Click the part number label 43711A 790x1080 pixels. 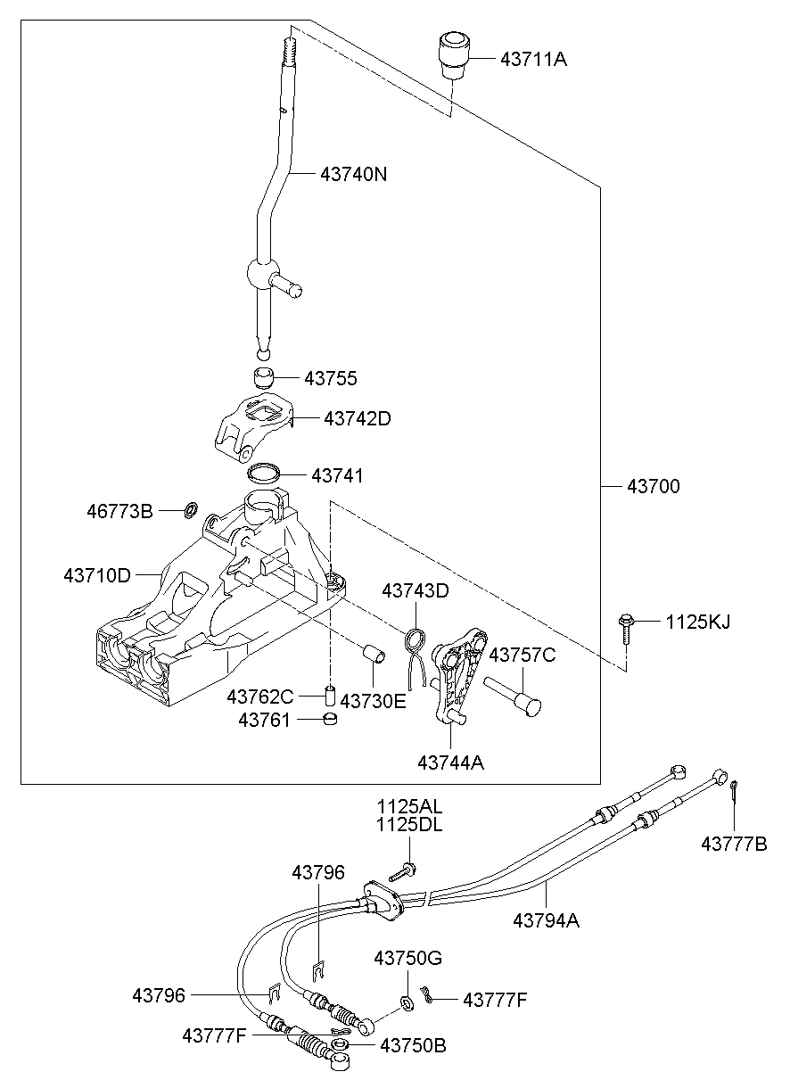(533, 60)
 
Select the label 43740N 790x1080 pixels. (354, 175)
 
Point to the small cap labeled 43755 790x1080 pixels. (262, 376)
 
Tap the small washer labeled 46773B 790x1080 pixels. (190, 511)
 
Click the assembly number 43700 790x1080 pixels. (653, 487)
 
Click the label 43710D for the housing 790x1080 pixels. (97, 576)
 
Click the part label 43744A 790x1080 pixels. (451, 762)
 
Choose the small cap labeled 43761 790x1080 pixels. (330, 719)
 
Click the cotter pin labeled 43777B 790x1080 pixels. (733, 791)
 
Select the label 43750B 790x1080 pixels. (413, 1044)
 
